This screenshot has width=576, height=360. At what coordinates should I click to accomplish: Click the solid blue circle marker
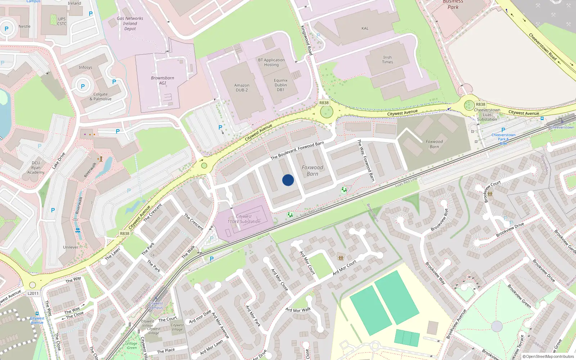point(288,180)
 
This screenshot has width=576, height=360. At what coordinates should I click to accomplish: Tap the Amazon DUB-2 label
point(242,87)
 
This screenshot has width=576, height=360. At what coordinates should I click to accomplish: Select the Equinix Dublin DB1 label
point(280,85)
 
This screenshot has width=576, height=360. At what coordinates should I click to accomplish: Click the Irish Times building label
point(387,60)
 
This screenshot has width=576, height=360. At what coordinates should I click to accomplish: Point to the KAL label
point(365,28)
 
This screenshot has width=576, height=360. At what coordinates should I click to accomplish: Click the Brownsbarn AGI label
point(162,80)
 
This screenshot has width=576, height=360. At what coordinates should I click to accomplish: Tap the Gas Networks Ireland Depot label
point(130,23)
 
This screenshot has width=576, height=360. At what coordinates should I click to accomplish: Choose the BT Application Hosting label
point(271,62)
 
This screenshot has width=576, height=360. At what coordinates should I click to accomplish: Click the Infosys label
point(85,67)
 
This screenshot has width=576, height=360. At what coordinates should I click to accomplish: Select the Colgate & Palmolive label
point(100,96)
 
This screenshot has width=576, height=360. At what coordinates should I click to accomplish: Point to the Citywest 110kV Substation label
point(244,219)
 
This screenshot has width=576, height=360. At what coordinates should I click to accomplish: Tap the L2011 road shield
point(33,293)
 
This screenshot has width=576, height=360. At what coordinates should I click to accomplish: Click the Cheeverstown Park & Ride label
point(503,139)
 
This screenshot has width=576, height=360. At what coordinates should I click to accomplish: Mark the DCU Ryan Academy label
point(36,167)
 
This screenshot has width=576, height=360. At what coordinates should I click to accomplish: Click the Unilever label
point(71,247)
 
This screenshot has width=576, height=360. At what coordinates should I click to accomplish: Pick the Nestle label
point(24,26)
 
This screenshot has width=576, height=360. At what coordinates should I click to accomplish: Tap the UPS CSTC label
point(62,21)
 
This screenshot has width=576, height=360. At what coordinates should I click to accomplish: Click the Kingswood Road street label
point(306,40)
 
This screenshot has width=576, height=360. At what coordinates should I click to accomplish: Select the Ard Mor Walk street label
point(298,310)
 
